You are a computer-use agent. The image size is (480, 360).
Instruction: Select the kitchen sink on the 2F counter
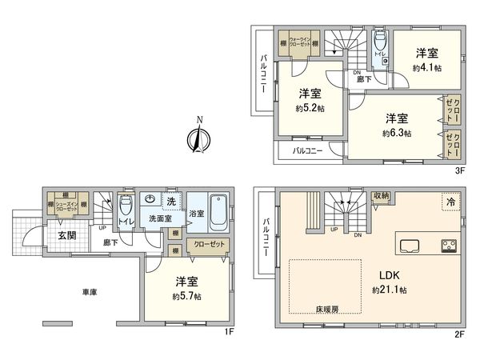408,245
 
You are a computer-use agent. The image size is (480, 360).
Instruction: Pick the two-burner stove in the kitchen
448,245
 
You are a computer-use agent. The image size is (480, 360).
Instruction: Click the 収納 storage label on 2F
381,196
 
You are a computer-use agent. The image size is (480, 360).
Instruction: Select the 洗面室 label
159,218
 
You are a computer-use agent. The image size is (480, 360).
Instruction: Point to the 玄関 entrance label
66,235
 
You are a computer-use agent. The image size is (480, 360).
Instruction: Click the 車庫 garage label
89,293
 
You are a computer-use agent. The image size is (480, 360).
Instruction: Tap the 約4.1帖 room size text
425,68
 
